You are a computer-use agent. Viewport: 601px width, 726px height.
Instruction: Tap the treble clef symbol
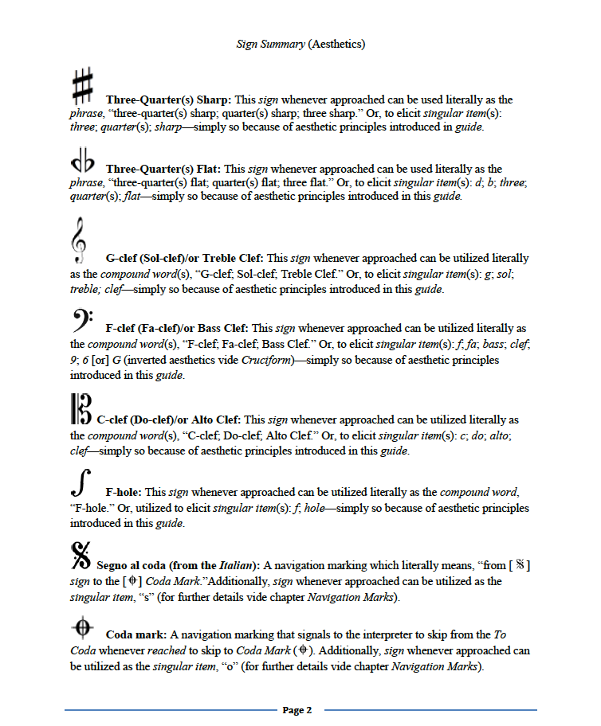[x=79, y=240]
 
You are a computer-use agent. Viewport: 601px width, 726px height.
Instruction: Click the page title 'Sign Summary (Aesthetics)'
[x=300, y=44]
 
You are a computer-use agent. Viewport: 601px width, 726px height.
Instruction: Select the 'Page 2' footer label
[x=297, y=710]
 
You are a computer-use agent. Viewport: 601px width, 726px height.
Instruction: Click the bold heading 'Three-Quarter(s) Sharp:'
[x=168, y=100]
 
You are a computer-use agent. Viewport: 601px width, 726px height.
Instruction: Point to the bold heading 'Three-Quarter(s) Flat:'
[x=163, y=169]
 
